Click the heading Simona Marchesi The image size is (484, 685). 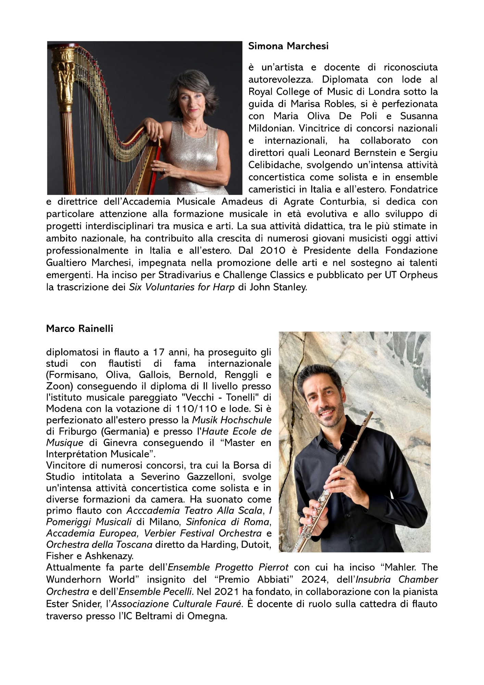[288, 46]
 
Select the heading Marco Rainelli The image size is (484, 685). [79, 328]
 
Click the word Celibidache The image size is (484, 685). [276, 165]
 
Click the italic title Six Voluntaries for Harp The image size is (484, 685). [182, 287]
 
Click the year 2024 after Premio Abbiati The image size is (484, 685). [315, 580]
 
